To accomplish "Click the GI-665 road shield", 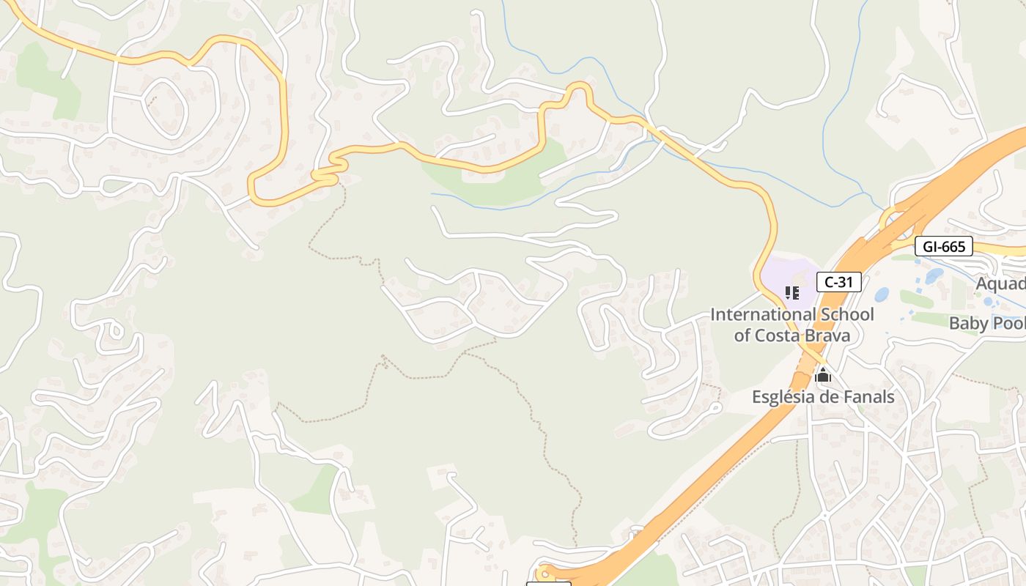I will [944, 247].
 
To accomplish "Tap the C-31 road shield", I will [838, 282].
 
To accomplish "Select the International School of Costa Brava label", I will [792, 325].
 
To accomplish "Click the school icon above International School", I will [791, 294].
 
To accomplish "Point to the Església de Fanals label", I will [823, 397].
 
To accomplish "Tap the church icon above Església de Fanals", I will [823, 376].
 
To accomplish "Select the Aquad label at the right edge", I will [1000, 283].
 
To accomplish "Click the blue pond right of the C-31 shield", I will [882, 294].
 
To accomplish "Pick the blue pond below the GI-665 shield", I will [934, 276].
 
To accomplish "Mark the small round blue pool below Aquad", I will [987, 301].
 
